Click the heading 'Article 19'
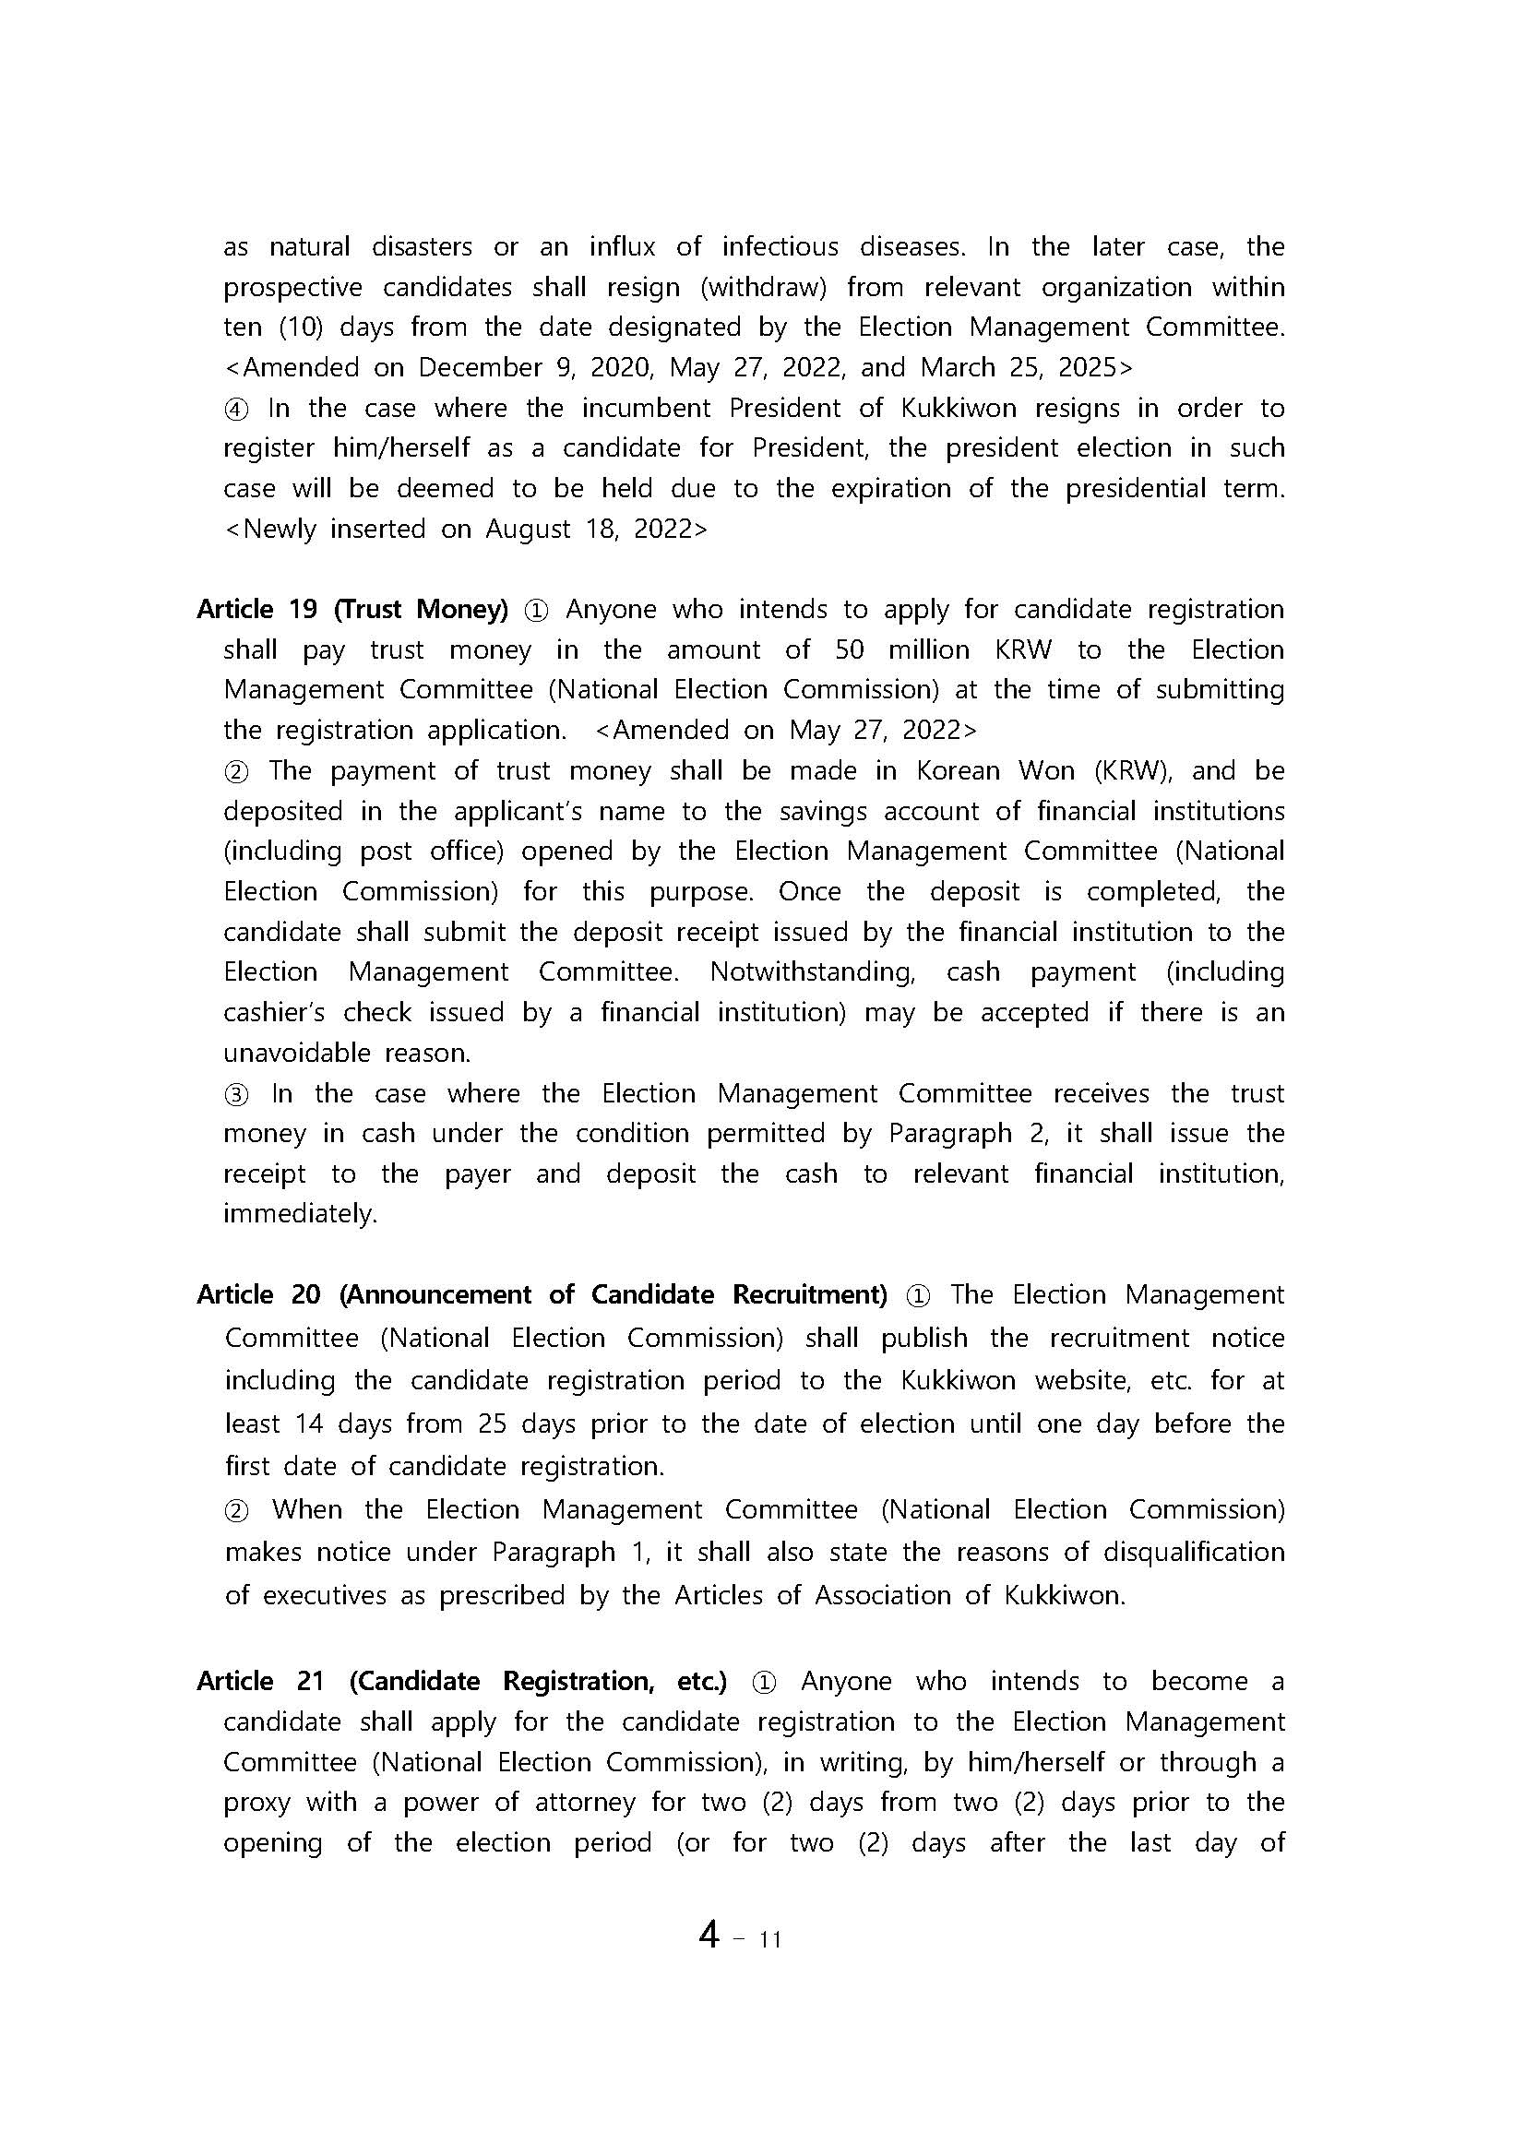pos(257,610)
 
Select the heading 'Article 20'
pos(258,1295)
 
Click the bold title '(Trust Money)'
pos(421,610)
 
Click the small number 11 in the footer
pos(770,1938)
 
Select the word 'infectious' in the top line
pos(780,247)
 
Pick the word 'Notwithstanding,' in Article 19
pos(812,971)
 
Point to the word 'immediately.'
pos(300,1214)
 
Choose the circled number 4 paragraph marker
pos(235,409)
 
